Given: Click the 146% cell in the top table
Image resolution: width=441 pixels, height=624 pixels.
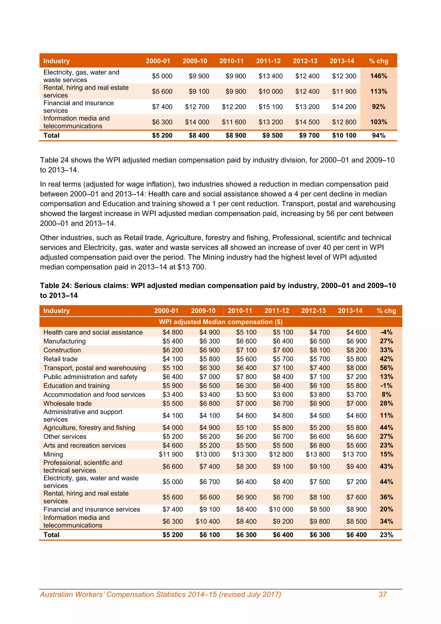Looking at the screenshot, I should [x=379, y=76].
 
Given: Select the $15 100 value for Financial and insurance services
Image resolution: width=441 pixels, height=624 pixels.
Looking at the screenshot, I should [x=270, y=107].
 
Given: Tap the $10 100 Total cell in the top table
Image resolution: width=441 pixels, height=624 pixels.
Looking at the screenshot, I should [x=344, y=135].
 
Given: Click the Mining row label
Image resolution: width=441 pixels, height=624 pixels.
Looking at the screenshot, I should [x=53, y=454].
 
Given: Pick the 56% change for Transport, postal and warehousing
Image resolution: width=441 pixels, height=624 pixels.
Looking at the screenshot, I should [x=387, y=368].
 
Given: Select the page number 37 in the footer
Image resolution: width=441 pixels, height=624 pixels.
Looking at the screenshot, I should [x=382, y=594].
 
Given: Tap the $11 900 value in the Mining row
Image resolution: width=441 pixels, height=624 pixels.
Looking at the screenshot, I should [x=171, y=454].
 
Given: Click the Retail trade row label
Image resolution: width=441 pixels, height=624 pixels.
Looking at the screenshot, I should [x=60, y=359].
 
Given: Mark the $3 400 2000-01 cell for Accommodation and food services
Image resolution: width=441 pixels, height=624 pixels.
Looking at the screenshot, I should [x=173, y=395].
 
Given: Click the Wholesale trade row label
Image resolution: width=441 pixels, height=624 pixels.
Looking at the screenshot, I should [x=67, y=403].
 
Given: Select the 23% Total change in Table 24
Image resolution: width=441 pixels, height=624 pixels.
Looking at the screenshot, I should [x=387, y=535].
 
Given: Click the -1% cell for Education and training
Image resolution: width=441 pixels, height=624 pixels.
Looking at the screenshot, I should [x=387, y=386].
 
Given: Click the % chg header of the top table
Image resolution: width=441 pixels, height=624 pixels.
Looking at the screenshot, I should [x=379, y=61].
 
